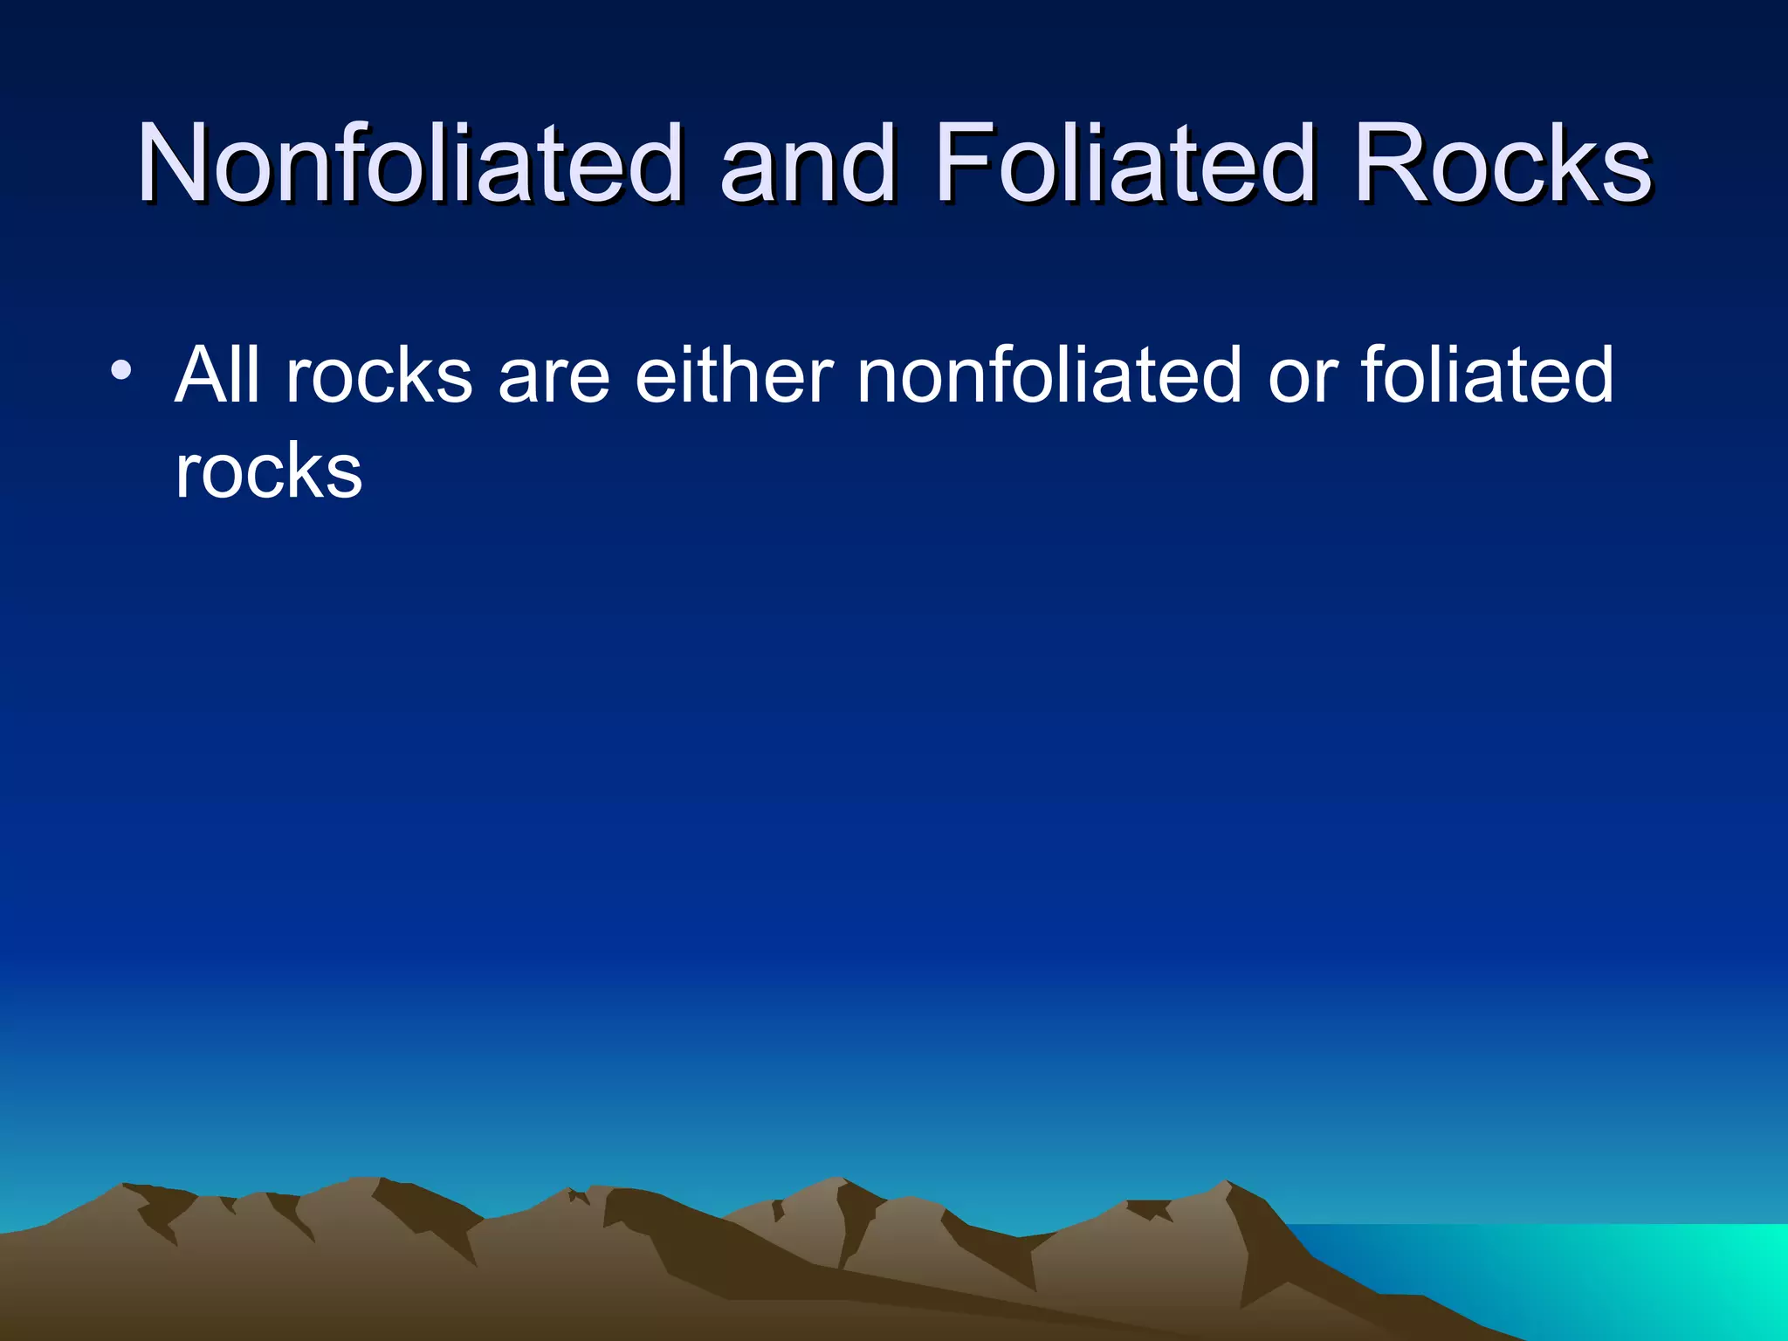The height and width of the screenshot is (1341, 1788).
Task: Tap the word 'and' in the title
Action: click(x=807, y=163)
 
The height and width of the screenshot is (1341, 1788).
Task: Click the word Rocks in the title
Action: click(x=1502, y=163)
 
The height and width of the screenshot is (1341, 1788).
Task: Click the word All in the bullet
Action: click(x=217, y=375)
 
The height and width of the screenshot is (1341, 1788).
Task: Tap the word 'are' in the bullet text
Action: click(x=554, y=375)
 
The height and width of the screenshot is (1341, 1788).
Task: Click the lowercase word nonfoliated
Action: click(x=1049, y=375)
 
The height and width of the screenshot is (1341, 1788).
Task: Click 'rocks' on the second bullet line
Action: click(x=268, y=471)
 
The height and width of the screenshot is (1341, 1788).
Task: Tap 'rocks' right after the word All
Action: click(x=379, y=375)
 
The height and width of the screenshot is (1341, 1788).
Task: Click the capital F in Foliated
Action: click(x=962, y=163)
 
